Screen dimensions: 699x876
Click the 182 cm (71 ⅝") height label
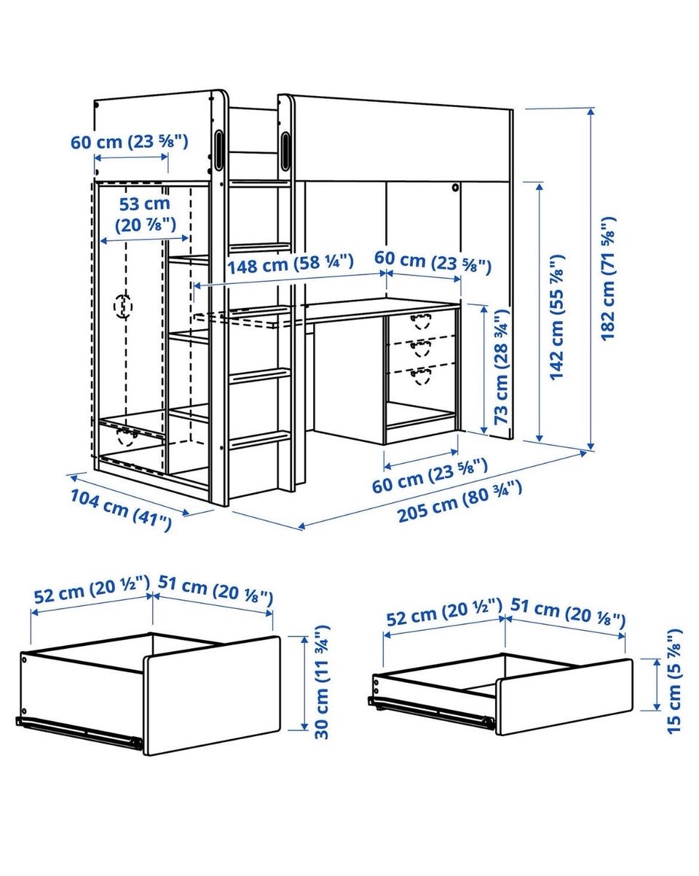(608, 278)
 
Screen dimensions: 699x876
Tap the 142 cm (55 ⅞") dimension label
(556, 317)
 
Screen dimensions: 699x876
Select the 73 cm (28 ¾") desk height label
(501, 366)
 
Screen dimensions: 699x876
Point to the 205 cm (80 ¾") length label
(459, 501)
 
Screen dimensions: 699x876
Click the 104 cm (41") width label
(121, 510)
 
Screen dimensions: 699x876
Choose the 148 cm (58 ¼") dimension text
(291, 264)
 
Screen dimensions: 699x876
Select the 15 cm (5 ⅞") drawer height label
(674, 682)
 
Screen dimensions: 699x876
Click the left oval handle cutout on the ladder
(219, 149)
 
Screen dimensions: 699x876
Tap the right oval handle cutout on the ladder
(285, 150)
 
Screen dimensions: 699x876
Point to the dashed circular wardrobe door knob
(122, 306)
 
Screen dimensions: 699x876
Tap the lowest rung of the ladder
(260, 441)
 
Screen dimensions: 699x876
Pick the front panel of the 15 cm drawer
(564, 696)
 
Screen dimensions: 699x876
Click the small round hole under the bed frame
(455, 188)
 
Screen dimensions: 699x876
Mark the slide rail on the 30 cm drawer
(79, 730)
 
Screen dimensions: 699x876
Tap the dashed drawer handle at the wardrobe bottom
(127, 437)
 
